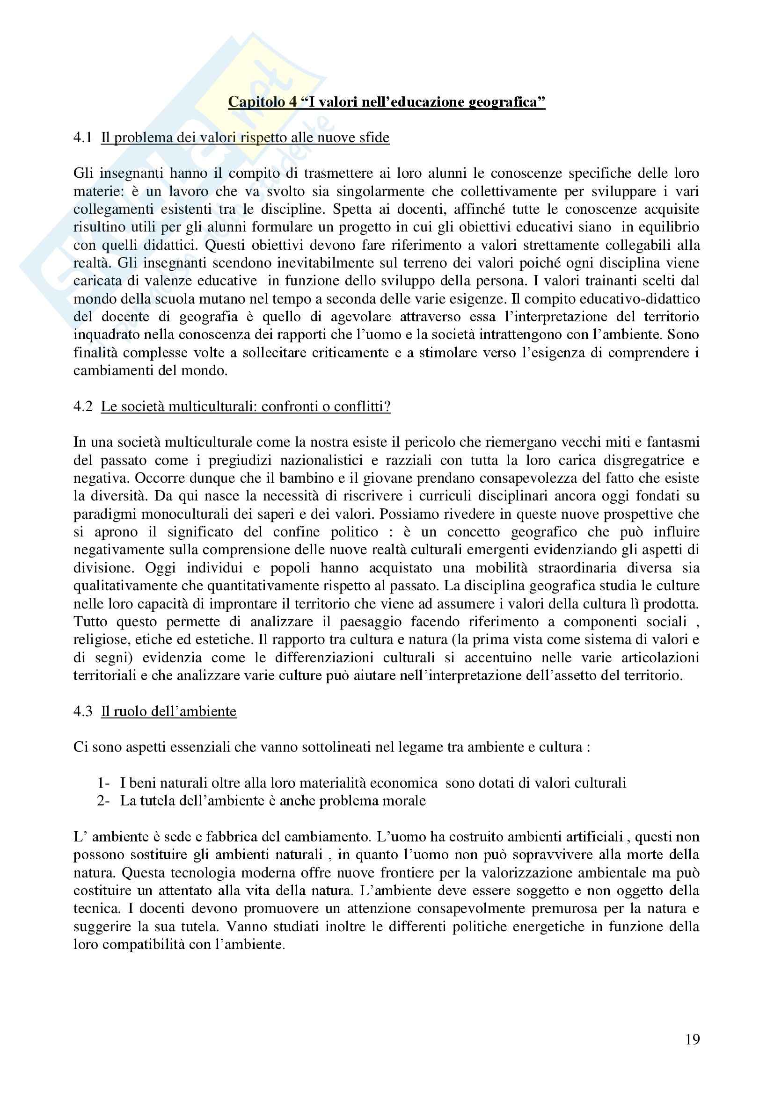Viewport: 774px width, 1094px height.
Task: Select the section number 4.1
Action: click(82, 138)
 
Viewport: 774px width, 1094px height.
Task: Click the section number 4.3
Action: click(82, 711)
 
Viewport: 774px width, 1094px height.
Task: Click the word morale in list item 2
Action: click(405, 800)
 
